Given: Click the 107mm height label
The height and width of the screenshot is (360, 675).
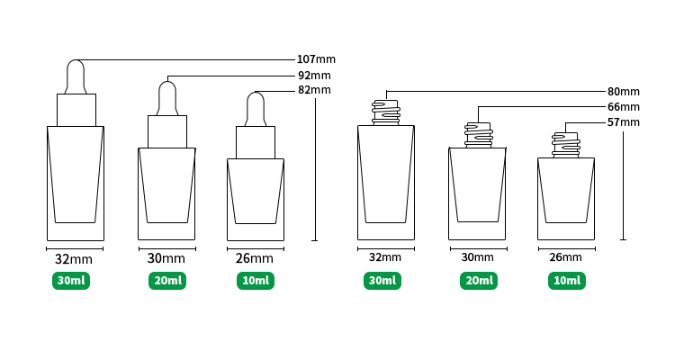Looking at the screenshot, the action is (x=316, y=59).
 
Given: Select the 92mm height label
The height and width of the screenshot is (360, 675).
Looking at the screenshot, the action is (x=314, y=76).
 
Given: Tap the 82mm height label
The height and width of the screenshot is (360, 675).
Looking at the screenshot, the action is (x=314, y=90).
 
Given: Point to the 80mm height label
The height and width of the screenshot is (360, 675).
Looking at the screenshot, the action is (x=624, y=92).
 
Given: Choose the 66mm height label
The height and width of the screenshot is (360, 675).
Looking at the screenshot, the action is (x=624, y=107).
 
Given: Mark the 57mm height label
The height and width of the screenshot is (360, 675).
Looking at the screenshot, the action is (x=624, y=122).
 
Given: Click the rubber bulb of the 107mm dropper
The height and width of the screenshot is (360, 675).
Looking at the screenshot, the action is (x=76, y=76).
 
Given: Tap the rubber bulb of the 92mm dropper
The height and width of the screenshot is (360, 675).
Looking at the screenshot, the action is (x=167, y=98).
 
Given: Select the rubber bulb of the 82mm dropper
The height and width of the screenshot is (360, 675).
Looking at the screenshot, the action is (x=256, y=109).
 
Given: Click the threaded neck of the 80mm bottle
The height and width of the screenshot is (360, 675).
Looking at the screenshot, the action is (x=386, y=112).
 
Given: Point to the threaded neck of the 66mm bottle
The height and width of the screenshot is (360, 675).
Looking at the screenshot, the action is (x=478, y=135).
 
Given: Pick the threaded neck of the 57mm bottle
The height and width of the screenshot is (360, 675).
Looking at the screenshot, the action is (x=566, y=145).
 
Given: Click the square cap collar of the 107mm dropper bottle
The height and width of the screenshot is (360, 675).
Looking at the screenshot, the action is (x=76, y=110).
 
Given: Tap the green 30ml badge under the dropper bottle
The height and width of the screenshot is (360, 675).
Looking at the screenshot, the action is (x=71, y=281).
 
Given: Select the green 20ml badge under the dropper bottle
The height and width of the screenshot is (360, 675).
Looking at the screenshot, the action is (x=167, y=281).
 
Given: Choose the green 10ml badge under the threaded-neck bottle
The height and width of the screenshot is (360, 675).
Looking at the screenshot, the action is (x=567, y=281).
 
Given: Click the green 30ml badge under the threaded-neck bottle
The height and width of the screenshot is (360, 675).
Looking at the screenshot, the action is (x=382, y=281).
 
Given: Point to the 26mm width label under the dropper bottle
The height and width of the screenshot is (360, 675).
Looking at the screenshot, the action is (x=255, y=258).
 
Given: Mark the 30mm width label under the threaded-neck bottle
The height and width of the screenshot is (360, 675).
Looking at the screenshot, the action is (x=477, y=257).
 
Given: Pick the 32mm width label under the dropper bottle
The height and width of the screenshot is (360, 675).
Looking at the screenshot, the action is (x=74, y=259).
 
